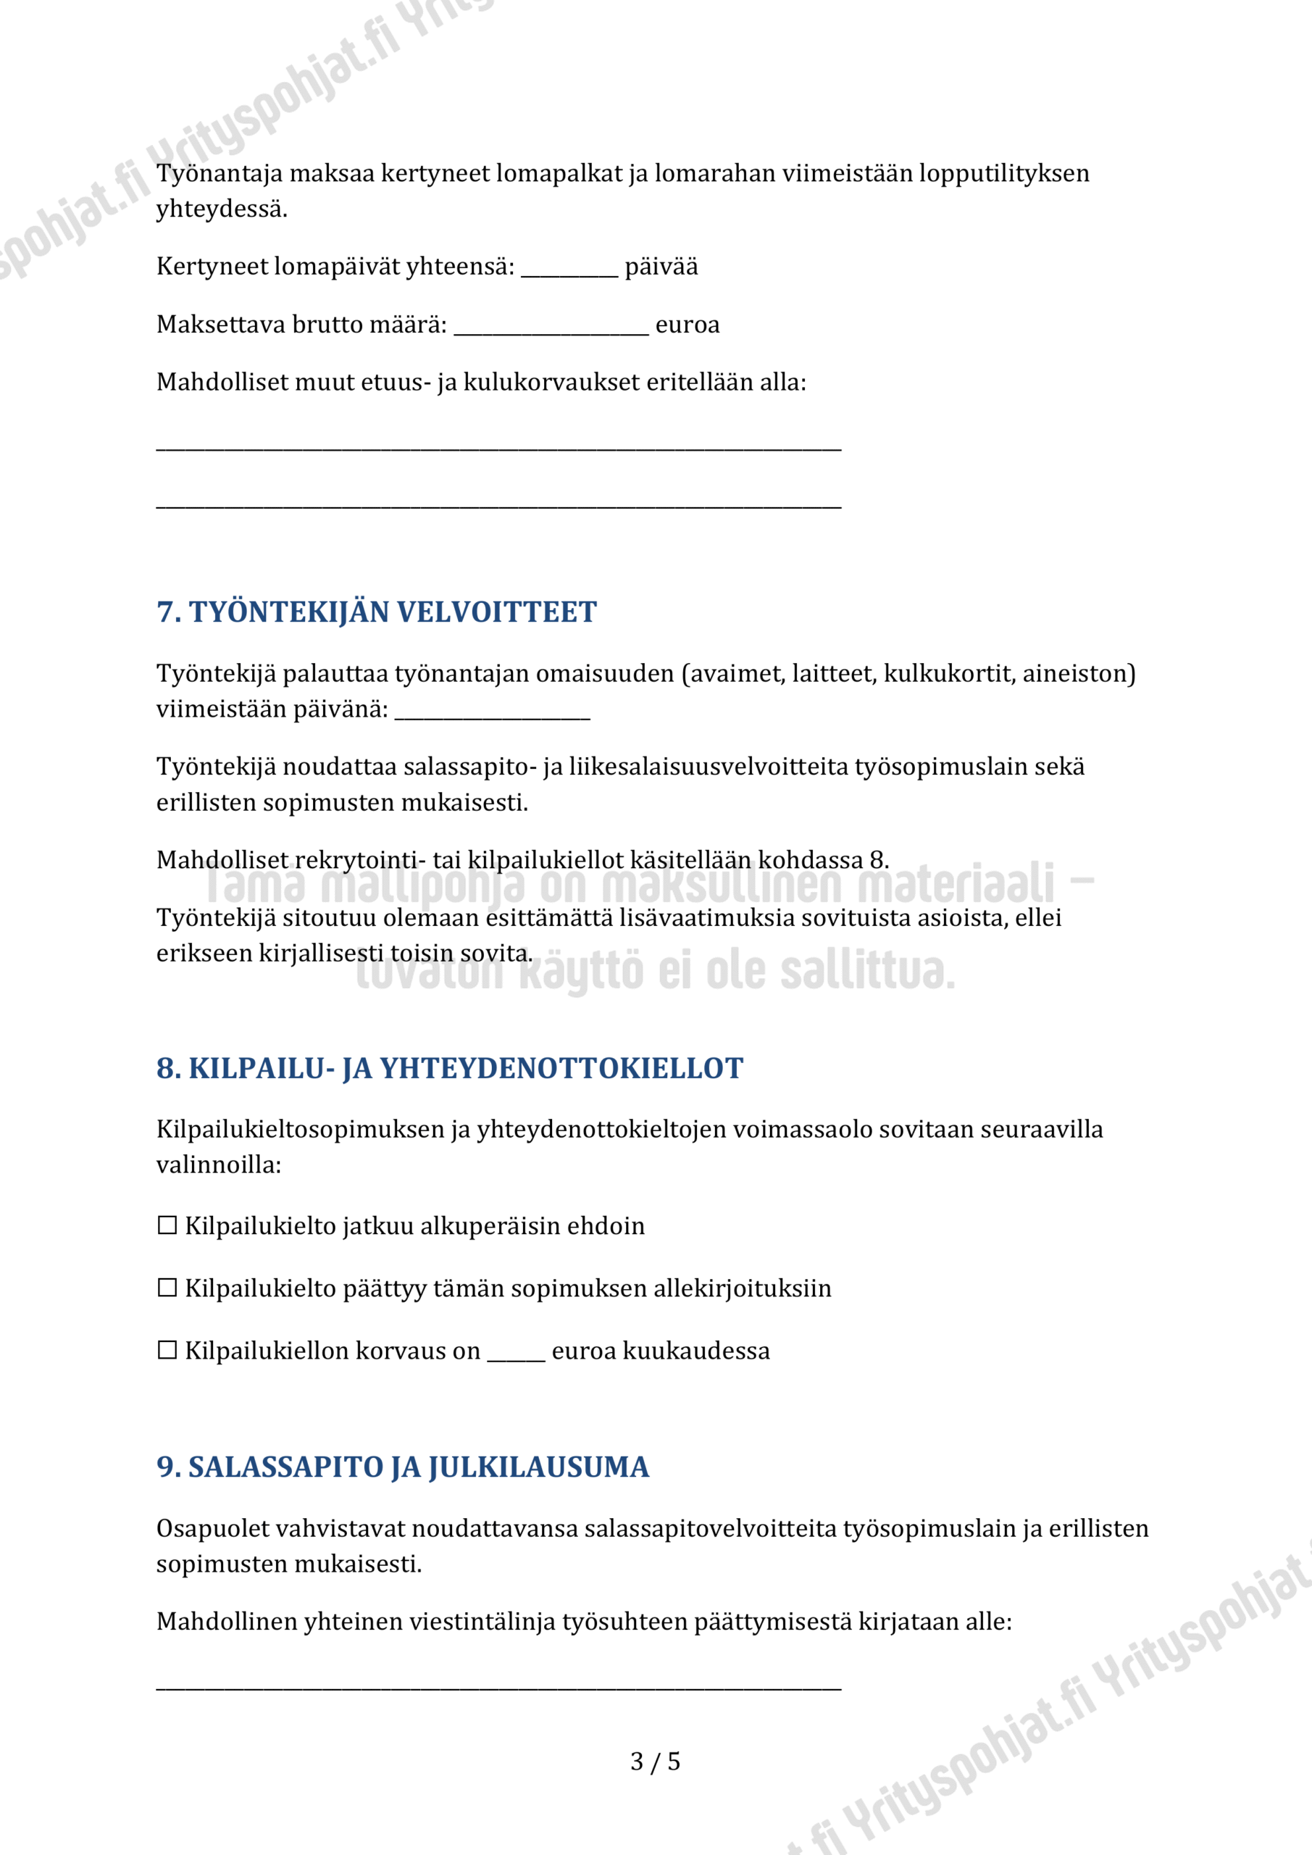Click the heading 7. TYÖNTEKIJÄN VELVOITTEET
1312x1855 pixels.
(377, 612)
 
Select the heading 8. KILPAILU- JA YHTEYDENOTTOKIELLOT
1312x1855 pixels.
(449, 1068)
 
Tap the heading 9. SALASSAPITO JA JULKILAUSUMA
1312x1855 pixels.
(402, 1467)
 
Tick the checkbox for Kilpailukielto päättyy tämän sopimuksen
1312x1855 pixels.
(167, 1288)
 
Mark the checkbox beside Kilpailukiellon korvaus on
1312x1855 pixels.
(167, 1350)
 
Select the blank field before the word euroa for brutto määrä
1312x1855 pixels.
(551, 328)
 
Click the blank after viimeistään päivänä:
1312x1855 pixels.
(492, 712)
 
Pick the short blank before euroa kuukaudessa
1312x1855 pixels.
(515, 1354)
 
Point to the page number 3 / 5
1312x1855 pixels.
(655, 1762)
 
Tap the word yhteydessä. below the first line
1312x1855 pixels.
(222, 209)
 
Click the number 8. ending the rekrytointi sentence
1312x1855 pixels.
(879, 860)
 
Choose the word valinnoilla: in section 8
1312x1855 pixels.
(218, 1165)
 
